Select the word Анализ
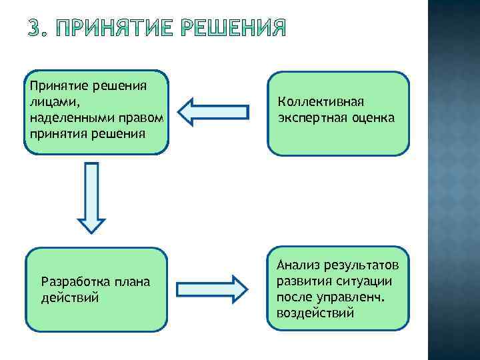298,267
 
